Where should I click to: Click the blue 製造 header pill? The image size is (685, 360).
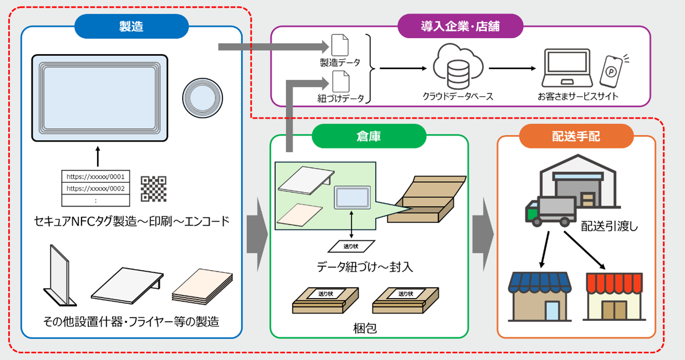pyautogui.click(x=131, y=26)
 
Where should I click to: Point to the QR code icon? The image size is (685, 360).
pyautogui.click(x=153, y=189)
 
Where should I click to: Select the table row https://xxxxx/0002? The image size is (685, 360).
pyautogui.click(x=96, y=189)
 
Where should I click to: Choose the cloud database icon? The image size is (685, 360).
pyautogui.click(x=458, y=67)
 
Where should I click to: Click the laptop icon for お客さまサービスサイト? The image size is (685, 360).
pyautogui.click(x=566, y=69)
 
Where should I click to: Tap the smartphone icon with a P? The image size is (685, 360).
pyautogui.click(x=611, y=70)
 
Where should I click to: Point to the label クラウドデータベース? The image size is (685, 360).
pyautogui.click(x=458, y=97)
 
